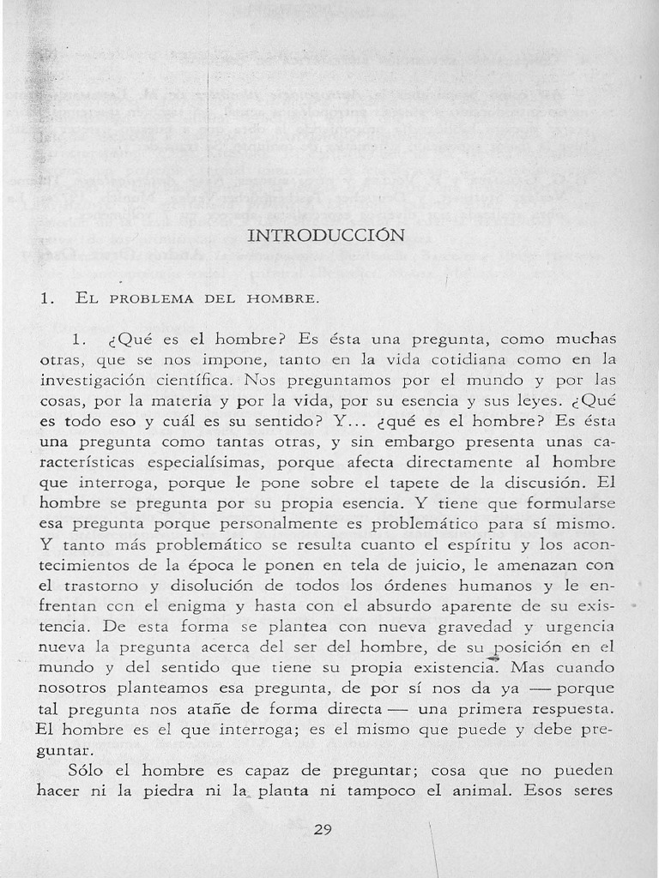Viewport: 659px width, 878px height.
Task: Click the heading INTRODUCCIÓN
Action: (x=325, y=235)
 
